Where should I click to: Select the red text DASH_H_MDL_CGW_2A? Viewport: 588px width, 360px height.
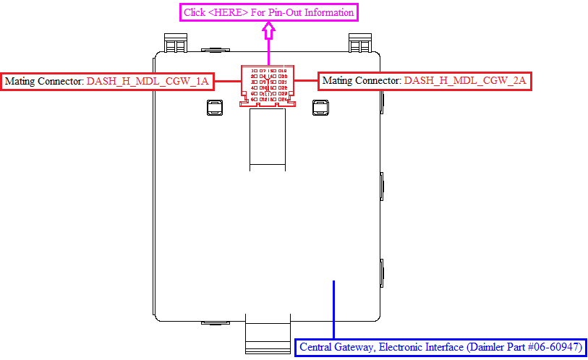(x=465, y=81)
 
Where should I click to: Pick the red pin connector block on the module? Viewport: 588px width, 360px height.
(x=268, y=85)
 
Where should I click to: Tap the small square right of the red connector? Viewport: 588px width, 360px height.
(x=321, y=108)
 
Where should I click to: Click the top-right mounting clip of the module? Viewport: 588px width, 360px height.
(x=359, y=44)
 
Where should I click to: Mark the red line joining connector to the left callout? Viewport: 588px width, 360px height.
(x=227, y=81)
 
